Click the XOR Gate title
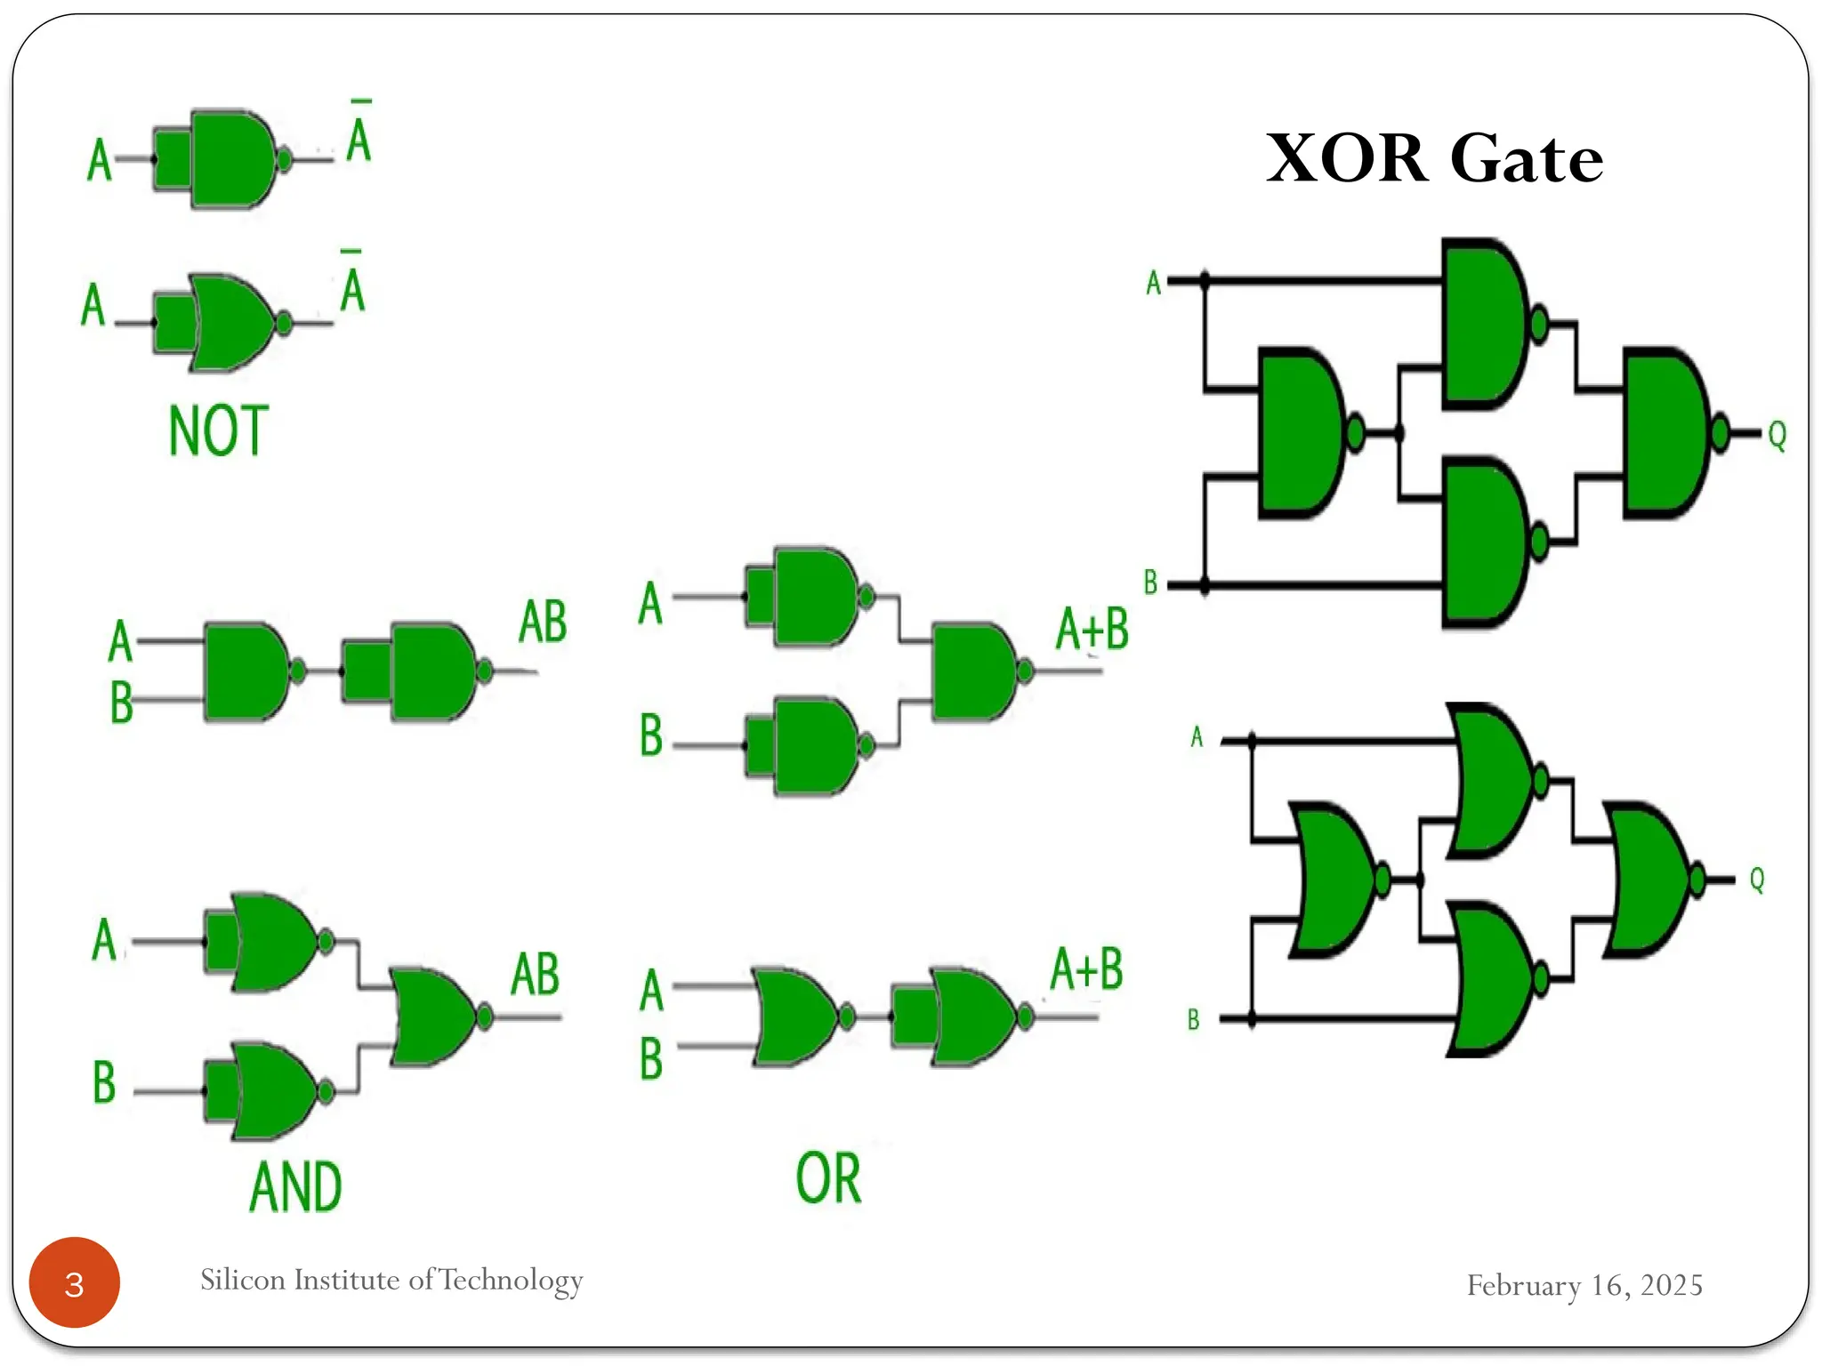pyautogui.click(x=1433, y=158)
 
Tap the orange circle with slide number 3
pyautogui.click(x=75, y=1283)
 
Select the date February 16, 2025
pyautogui.click(x=1584, y=1285)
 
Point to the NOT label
pyautogui.click(x=218, y=431)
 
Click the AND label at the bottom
pyautogui.click(x=295, y=1187)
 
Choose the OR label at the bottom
pyautogui.click(x=828, y=1178)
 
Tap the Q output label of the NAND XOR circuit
pyautogui.click(x=1777, y=436)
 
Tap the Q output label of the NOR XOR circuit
pyautogui.click(x=1757, y=880)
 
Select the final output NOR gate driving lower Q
pyautogui.click(x=1646, y=880)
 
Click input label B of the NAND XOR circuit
pyautogui.click(x=1150, y=583)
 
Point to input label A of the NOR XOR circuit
pyautogui.click(x=1197, y=737)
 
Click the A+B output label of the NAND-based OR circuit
pyautogui.click(x=1092, y=629)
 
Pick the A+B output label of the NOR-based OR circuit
pyautogui.click(x=1086, y=969)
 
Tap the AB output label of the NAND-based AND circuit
pyautogui.click(x=543, y=622)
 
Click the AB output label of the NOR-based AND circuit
pyautogui.click(x=535, y=974)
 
